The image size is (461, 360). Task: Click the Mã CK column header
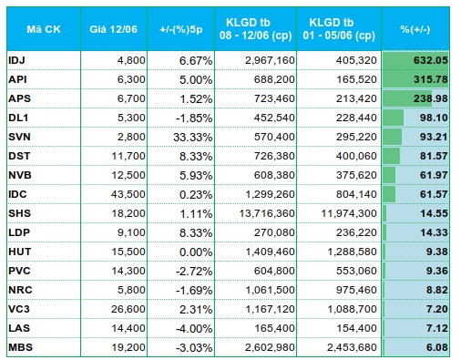coord(44,29)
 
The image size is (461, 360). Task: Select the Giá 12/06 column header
coord(113,29)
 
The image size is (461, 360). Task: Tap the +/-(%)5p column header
coord(181,29)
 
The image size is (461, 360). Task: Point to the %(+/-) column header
coord(415,29)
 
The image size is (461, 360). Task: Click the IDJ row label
coord(16,60)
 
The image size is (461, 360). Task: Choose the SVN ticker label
coord(19,137)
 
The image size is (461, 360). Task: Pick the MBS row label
coord(20,347)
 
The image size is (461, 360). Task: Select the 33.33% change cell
coord(192,137)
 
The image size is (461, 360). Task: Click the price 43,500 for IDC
coord(128,194)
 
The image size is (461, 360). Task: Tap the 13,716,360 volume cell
coord(267,213)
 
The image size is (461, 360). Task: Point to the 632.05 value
coord(431,60)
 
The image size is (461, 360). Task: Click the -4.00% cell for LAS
coord(194,328)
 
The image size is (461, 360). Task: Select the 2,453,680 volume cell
coord(352,347)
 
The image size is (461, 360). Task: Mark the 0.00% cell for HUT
coord(196,252)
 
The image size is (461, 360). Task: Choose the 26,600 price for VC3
coord(128,309)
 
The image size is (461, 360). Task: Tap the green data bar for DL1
coord(393,118)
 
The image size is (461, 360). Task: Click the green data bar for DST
coord(391,156)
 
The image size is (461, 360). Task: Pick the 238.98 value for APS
coord(431,98)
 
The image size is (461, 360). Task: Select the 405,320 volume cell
coord(356,60)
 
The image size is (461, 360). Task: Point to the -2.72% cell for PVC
coord(194,271)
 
